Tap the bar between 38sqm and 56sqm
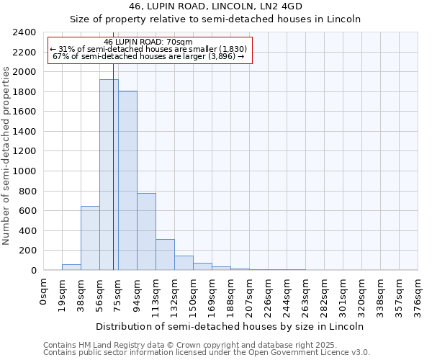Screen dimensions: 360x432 pyautogui.click(x=90, y=238)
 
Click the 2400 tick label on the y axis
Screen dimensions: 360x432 pyautogui.click(x=24, y=33)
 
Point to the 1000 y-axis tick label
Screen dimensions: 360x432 pyautogui.click(x=24, y=171)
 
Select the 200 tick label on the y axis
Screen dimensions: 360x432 pyautogui.click(x=27, y=251)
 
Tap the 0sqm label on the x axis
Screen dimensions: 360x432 pyautogui.click(x=44, y=291)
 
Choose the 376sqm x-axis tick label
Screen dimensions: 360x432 pyautogui.click(x=418, y=295)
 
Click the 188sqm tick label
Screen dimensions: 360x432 pyautogui.click(x=231, y=295)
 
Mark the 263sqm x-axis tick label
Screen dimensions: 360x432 pyautogui.click(x=306, y=295)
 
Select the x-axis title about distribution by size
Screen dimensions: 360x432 pyautogui.click(x=230, y=326)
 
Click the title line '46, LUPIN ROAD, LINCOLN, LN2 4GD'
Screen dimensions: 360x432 pyautogui.click(x=215, y=7)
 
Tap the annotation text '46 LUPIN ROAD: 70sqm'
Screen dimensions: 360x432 pyautogui.click(x=148, y=42)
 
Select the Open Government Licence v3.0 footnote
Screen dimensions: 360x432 pyautogui.click(x=207, y=352)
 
